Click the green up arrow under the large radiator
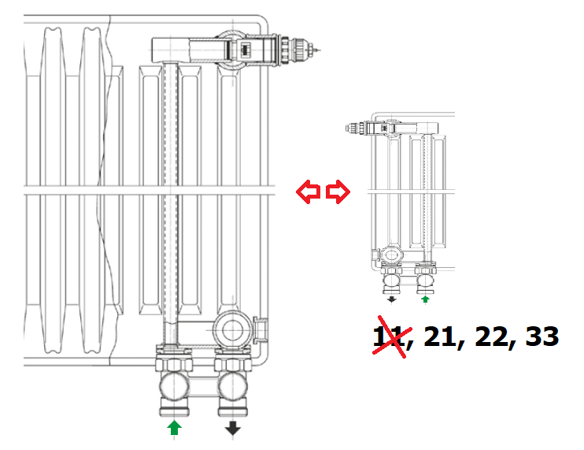coord(175,428)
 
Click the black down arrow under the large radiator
coord(233,428)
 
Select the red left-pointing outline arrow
coord(308,192)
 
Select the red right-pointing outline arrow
coord(338,192)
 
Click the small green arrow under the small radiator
coord(426,299)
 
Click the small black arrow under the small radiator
coord(390,299)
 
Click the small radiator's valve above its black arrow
coord(391,277)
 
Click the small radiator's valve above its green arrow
coord(426,277)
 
